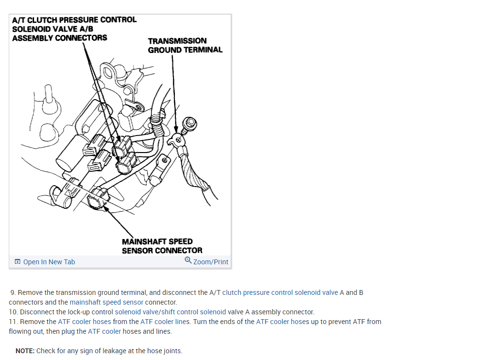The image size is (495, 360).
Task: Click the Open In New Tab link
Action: (45, 262)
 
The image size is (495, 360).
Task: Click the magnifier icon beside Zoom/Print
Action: (188, 260)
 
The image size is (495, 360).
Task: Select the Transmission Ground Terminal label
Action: (185, 45)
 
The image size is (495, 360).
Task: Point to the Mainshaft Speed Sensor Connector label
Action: (162, 246)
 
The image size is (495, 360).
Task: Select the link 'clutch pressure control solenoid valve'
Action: (280, 292)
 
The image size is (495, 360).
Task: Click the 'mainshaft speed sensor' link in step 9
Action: (106, 302)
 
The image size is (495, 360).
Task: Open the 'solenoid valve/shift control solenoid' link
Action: (170, 312)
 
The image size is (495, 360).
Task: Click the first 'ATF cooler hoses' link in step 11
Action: (85, 322)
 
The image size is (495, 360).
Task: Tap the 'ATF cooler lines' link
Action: (165, 322)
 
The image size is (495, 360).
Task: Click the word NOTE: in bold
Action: (25, 351)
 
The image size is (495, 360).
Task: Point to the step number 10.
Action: (13, 312)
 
